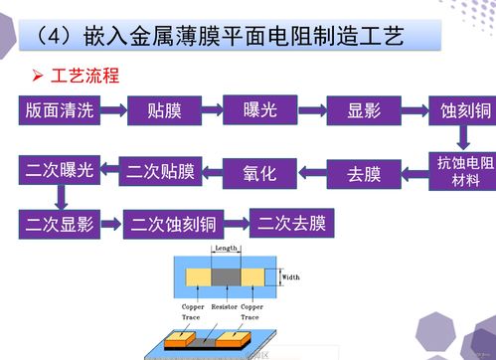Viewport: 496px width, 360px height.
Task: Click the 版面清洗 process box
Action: click(x=62, y=109)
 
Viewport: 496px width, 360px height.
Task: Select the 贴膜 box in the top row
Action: click(x=163, y=109)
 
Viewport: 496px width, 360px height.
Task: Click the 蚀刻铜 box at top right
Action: click(x=458, y=109)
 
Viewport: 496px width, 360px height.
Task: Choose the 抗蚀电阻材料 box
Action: click(x=458, y=171)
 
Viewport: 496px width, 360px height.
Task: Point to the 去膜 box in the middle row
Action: click(x=364, y=174)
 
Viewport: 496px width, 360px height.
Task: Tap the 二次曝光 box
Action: click(x=59, y=171)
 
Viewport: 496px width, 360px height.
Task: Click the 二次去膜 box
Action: click(x=292, y=222)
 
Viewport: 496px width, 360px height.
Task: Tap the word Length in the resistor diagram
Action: click(x=227, y=248)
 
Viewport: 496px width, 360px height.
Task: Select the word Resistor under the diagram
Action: click(x=227, y=307)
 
